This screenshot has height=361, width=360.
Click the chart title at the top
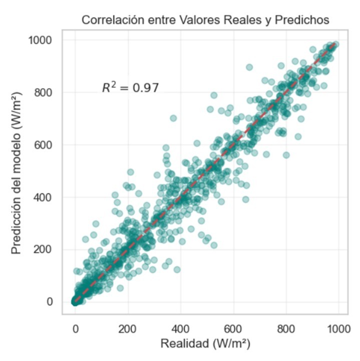tap(205, 20)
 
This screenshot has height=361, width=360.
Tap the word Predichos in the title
tap(306, 20)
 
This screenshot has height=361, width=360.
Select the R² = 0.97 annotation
tap(130, 88)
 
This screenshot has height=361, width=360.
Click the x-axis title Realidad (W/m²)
tap(205, 344)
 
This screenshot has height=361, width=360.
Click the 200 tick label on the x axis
tap(128, 329)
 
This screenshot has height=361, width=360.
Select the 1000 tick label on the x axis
tap(338, 329)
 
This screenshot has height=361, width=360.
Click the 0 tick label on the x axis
tap(75, 329)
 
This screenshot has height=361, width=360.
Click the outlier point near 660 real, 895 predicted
tap(249, 67)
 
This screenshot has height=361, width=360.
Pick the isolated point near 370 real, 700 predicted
tap(173, 118)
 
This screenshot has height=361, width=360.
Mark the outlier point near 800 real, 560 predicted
tap(286, 155)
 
